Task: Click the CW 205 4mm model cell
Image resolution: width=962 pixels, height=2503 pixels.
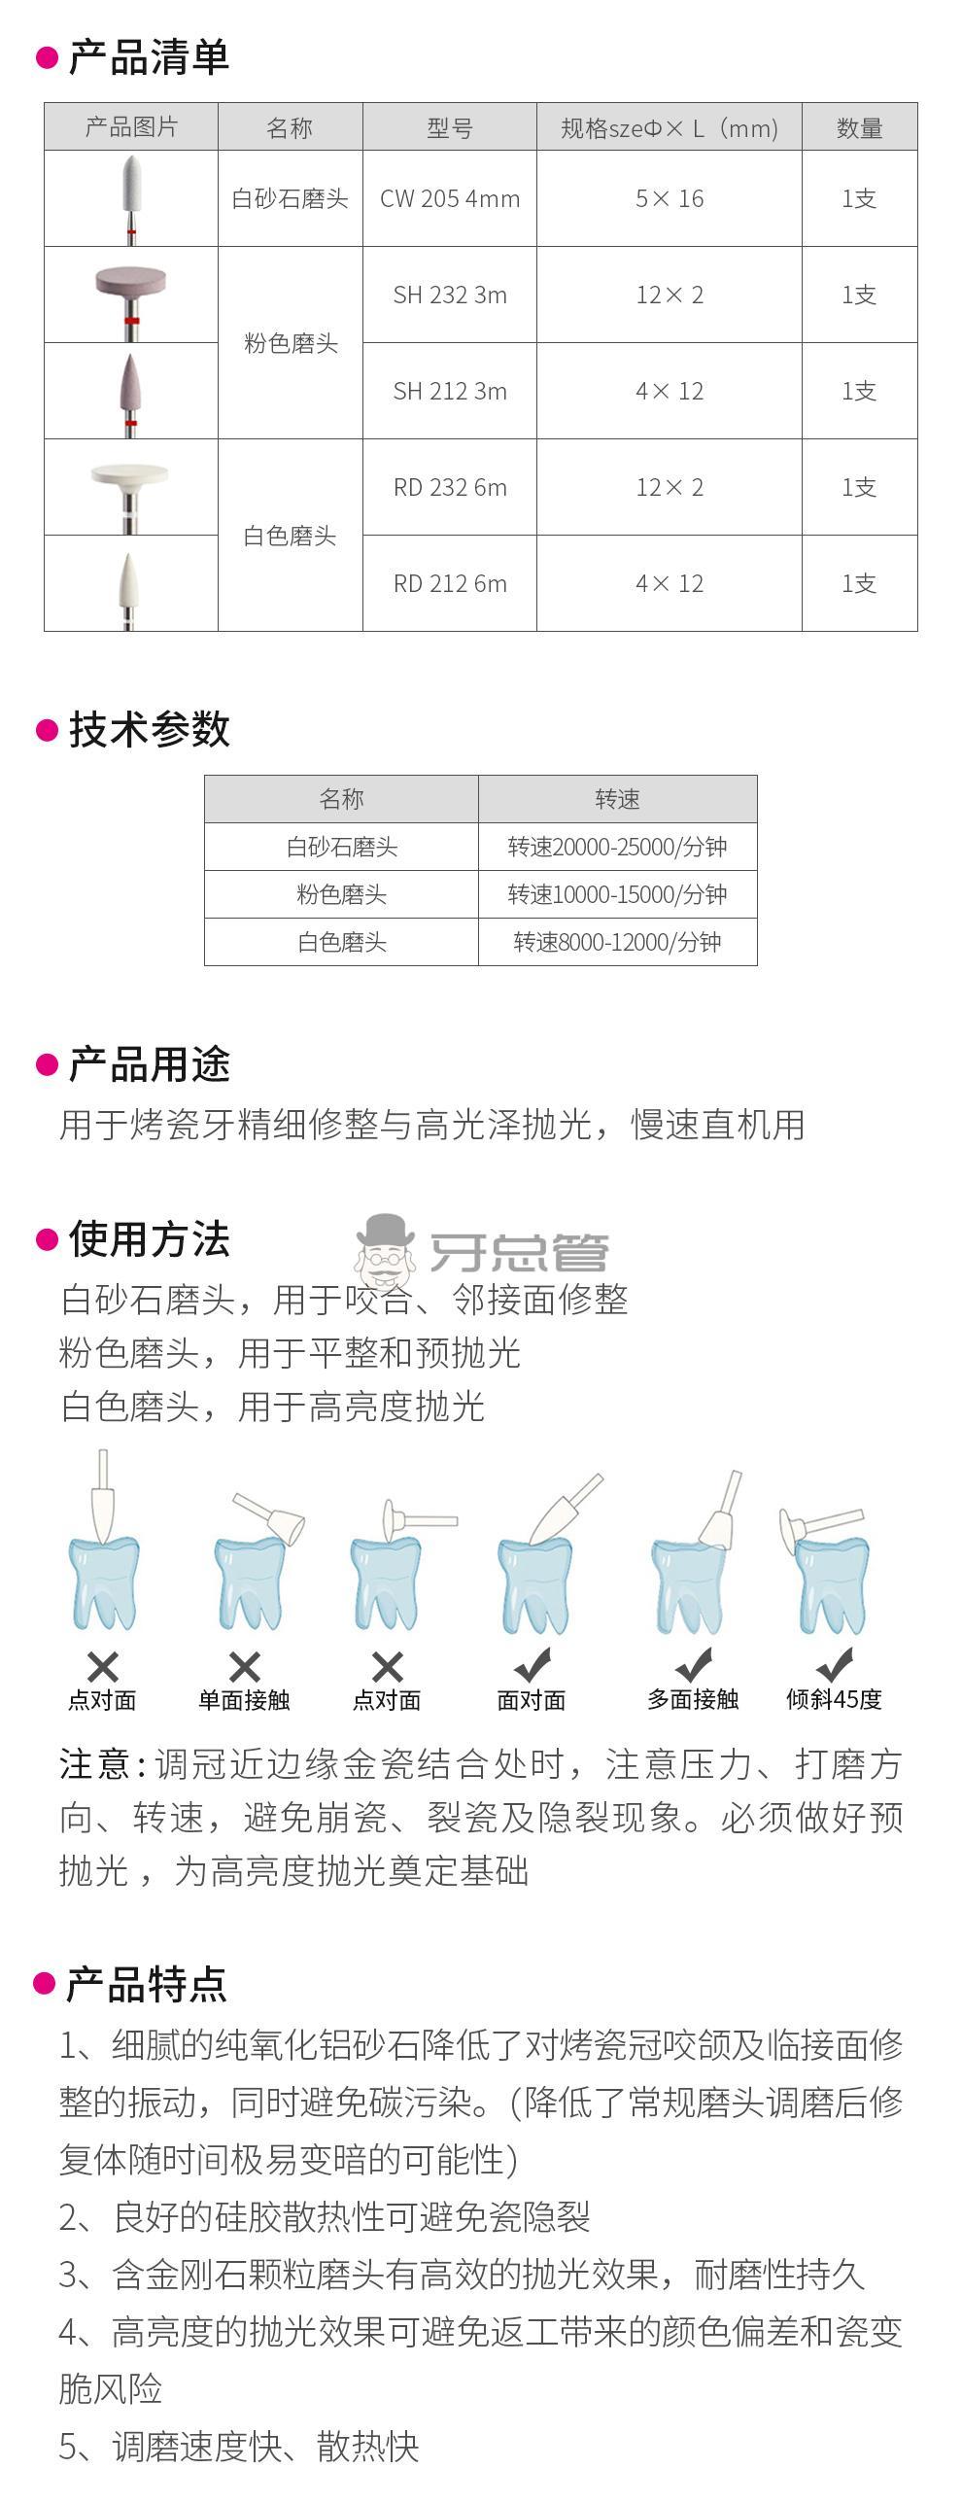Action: (x=450, y=198)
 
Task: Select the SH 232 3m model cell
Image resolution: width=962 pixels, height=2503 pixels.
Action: (x=450, y=295)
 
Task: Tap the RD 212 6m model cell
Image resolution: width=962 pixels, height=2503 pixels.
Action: (x=450, y=583)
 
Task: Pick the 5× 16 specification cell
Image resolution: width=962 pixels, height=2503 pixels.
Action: (x=670, y=198)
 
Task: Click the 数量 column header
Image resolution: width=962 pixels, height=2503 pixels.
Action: (x=860, y=127)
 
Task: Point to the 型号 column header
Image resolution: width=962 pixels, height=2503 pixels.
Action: (x=450, y=127)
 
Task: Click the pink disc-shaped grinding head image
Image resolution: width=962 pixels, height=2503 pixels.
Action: (x=131, y=293)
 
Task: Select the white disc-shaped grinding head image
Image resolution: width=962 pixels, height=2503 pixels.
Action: (x=129, y=484)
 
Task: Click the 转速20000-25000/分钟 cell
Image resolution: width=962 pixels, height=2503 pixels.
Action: (x=617, y=847)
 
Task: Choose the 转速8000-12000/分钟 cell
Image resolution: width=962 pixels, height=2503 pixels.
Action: (x=617, y=942)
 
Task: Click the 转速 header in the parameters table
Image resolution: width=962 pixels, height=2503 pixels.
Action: (x=617, y=799)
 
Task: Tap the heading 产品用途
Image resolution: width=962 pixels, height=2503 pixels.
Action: (x=149, y=1064)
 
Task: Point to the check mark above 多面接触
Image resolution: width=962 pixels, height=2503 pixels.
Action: (x=694, y=1664)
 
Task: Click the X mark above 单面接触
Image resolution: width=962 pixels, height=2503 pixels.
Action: (x=245, y=1667)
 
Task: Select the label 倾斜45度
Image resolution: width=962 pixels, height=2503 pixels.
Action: (x=834, y=1699)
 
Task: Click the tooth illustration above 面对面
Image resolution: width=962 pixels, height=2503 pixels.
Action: (x=533, y=1584)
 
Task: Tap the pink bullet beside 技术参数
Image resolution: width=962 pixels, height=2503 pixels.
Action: (x=47, y=729)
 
